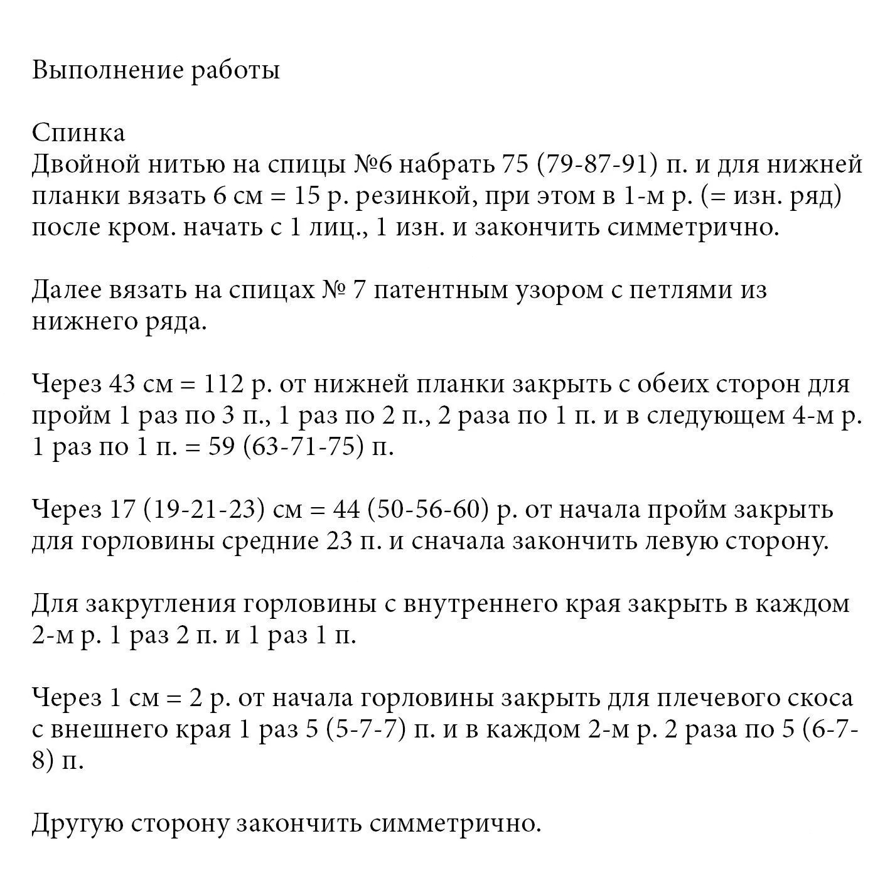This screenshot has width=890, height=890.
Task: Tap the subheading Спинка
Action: pyautogui.click(x=78, y=133)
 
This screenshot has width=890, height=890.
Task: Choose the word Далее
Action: pyautogui.click(x=67, y=291)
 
